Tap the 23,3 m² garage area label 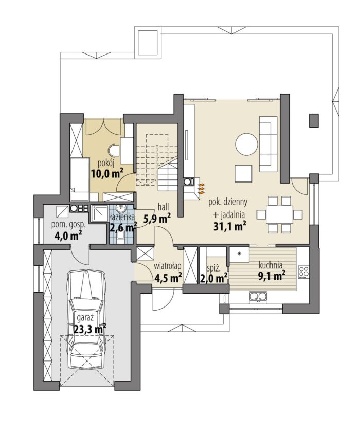[91, 329]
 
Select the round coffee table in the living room [246, 145]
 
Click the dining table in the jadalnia [279, 214]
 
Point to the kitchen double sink [258, 297]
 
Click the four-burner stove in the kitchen [303, 272]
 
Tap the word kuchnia [271, 266]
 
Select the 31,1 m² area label [230, 226]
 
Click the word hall [164, 207]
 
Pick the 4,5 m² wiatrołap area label [168, 277]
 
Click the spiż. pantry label [213, 268]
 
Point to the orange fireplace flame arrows [202, 188]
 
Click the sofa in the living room [268, 144]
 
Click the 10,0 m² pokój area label [106, 174]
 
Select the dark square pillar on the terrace [314, 121]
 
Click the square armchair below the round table [243, 174]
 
